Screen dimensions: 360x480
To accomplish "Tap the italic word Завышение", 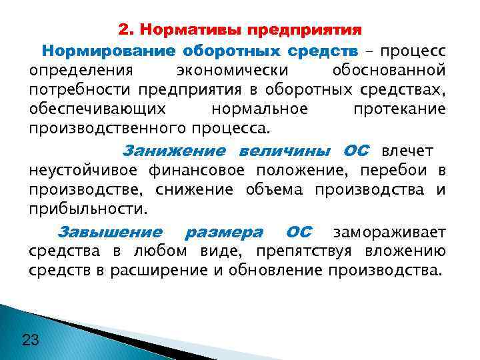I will [110, 233].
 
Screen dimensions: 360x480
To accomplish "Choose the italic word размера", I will [223, 233].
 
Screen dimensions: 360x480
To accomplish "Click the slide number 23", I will [31, 340].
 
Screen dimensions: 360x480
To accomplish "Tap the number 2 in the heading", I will [123, 31].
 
